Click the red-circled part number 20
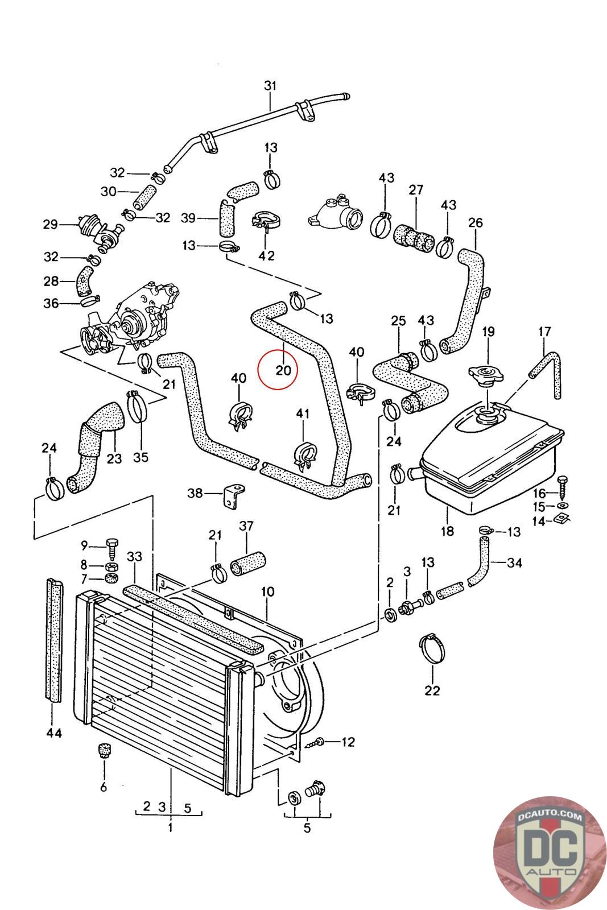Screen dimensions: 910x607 tap(283, 370)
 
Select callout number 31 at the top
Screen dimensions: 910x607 tap(270, 86)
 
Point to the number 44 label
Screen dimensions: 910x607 tap(54, 733)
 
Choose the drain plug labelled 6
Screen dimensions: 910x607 tap(104, 750)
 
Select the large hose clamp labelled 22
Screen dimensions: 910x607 tap(432, 649)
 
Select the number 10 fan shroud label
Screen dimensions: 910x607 tap(268, 592)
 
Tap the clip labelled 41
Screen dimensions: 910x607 tap(303, 455)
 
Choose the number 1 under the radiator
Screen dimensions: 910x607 tap(170, 828)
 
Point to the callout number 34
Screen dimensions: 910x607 tap(515, 563)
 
